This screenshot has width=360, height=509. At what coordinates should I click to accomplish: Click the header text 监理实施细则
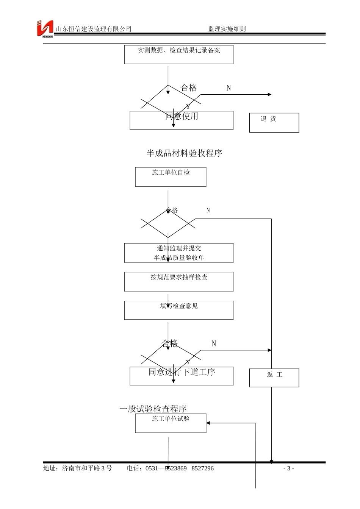227,29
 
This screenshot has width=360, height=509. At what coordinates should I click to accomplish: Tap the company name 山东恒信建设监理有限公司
94,29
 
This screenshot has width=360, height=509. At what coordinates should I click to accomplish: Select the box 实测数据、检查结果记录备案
179,55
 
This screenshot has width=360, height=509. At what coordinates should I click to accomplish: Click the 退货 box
274,122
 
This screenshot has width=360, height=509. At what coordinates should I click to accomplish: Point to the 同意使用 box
182,120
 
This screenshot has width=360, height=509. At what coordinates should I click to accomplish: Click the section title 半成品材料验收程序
184,153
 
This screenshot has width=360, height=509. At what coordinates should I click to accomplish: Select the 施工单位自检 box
171,177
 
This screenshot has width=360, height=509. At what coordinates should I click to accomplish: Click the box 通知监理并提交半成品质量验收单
179,253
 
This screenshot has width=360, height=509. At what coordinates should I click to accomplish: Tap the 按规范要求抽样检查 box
179,281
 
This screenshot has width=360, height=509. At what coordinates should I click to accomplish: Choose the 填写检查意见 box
179,310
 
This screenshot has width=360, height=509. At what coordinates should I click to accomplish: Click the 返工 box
274,378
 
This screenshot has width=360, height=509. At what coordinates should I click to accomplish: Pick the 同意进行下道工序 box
182,376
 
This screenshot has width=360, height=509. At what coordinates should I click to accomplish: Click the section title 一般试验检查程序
153,409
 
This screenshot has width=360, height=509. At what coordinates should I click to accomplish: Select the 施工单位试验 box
171,423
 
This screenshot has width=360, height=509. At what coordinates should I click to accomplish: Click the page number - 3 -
289,468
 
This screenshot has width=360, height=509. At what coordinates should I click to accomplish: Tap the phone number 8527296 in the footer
202,468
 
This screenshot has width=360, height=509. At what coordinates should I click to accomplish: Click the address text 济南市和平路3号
87,468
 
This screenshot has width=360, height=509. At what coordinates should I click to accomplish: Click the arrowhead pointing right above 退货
269,94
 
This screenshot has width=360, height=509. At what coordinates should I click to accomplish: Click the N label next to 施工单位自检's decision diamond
208,211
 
